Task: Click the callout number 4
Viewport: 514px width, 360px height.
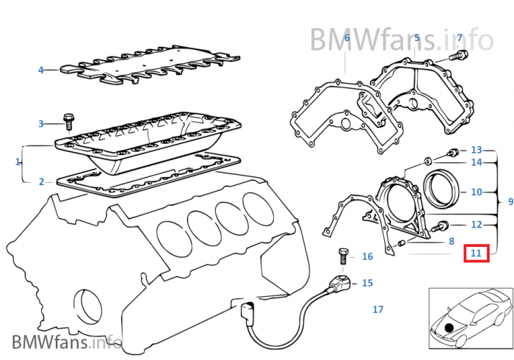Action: (x=41, y=71)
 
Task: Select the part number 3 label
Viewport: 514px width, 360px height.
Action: (x=41, y=123)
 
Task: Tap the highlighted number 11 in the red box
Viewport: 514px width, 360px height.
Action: (x=477, y=253)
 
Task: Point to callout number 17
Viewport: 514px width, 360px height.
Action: (x=378, y=309)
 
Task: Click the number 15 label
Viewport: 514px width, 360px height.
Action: (x=367, y=282)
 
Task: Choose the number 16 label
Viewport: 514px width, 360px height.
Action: (x=367, y=256)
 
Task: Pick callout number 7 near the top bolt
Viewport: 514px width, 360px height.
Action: (x=460, y=37)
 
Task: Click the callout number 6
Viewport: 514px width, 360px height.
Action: (x=347, y=37)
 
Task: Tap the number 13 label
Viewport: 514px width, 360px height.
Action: (x=477, y=149)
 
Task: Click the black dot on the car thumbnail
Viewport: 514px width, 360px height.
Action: (x=449, y=325)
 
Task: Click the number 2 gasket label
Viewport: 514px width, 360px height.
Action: (x=41, y=181)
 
